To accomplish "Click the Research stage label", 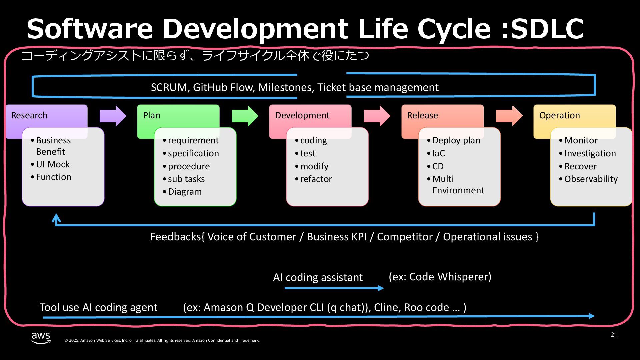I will (x=29, y=115).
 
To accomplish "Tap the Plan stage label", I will (x=152, y=115).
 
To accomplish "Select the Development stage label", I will (x=302, y=115).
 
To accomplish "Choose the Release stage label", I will (x=422, y=115).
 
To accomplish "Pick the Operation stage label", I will (x=559, y=115).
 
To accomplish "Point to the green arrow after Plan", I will (x=245, y=116).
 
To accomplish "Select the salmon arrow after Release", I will (x=509, y=116).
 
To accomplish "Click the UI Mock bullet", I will (x=53, y=164).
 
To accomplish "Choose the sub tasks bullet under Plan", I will (x=186, y=179).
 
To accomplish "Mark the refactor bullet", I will (x=316, y=179).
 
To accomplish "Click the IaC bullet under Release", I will (x=438, y=153).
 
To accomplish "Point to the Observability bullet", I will (x=591, y=179).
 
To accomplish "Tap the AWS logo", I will (x=41, y=337).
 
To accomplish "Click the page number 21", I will (x=614, y=335).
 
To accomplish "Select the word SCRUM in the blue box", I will (x=169, y=87).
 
